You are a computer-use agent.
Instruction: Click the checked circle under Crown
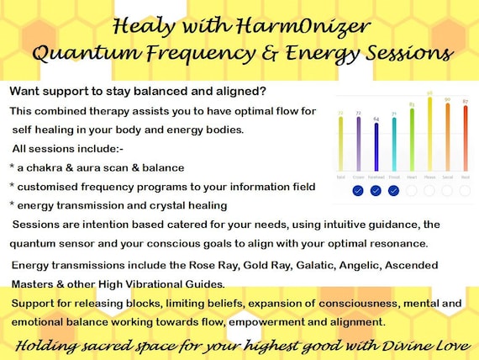(x=360, y=192)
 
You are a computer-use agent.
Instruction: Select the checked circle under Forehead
(x=377, y=192)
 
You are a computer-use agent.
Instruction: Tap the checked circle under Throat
(x=395, y=192)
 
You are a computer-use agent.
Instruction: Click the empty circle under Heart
(x=413, y=192)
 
